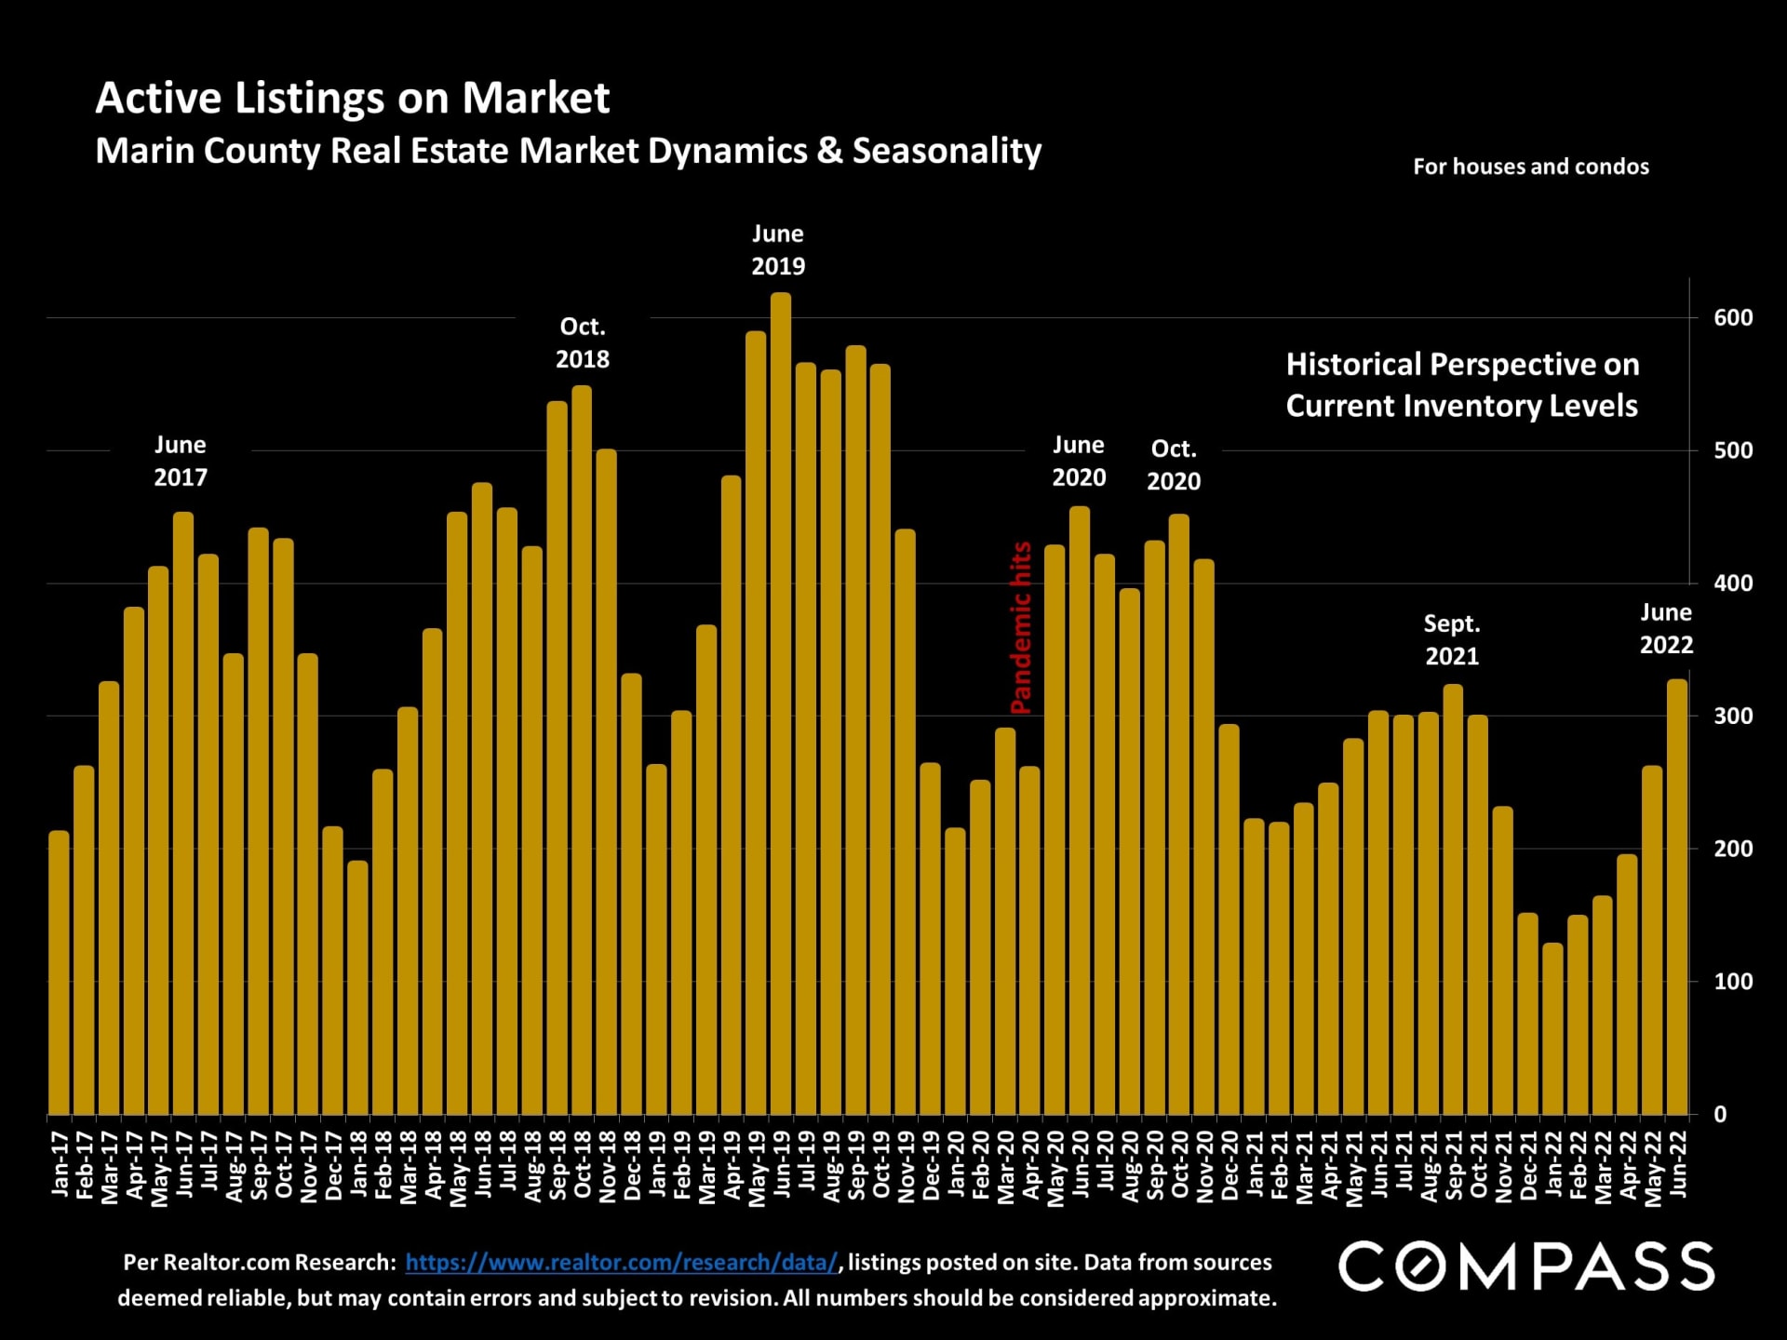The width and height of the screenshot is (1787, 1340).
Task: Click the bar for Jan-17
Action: (59, 972)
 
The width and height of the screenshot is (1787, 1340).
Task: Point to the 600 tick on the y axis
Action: (1733, 318)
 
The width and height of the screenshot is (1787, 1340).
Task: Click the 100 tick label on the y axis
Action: (1733, 982)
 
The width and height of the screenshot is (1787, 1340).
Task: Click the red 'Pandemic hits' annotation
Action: (1021, 628)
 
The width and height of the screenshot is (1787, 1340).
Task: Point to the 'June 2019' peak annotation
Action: (778, 250)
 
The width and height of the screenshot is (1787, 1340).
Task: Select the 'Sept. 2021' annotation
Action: (1452, 640)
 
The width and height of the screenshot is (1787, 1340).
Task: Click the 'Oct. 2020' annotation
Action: (1174, 465)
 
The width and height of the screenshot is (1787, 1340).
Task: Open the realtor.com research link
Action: (622, 1263)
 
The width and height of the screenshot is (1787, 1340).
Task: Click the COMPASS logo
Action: (1525, 1266)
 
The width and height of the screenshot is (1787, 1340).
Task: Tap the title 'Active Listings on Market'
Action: (352, 98)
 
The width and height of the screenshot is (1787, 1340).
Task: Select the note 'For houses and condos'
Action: (1530, 167)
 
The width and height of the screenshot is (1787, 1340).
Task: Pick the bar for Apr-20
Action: (1029, 940)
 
